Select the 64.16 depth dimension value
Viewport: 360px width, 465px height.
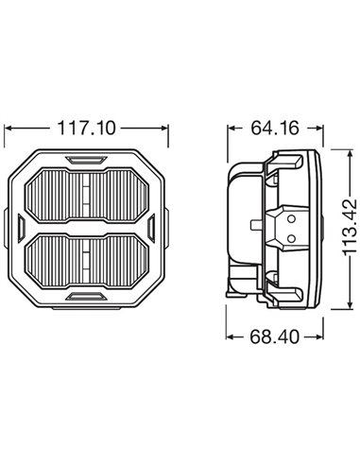[271, 125]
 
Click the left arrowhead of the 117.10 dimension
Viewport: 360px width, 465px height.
[9, 126]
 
